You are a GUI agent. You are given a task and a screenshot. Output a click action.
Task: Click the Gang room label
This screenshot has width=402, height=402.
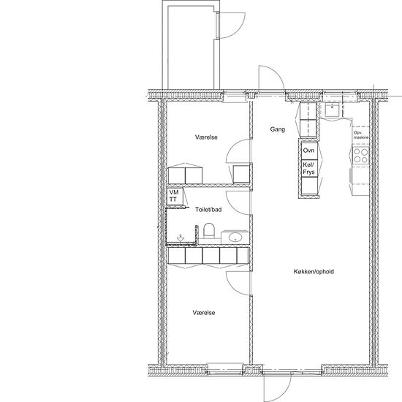278,129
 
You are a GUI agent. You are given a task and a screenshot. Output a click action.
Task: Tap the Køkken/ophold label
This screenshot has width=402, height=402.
314,271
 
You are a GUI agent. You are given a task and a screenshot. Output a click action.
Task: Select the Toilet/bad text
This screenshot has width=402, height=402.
208,210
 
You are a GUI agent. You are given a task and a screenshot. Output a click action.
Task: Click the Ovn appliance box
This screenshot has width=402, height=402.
309,151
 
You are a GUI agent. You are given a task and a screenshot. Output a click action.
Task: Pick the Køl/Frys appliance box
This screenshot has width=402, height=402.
309,168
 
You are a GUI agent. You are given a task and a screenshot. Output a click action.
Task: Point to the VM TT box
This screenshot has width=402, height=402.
175,196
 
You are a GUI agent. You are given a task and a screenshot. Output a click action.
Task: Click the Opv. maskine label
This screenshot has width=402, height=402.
361,135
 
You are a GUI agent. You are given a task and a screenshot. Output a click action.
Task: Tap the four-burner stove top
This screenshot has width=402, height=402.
361,156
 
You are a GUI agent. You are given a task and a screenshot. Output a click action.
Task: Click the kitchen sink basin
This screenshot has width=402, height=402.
333,110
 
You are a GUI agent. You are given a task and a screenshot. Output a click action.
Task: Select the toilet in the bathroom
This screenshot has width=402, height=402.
209,230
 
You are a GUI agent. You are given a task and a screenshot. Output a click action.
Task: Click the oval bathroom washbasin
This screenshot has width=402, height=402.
235,238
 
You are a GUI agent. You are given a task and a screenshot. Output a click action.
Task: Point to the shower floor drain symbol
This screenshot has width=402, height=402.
181,238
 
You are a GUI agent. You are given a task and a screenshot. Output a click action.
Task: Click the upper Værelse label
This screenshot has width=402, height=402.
206,137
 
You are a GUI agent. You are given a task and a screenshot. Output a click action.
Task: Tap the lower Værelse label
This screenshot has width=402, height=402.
204,313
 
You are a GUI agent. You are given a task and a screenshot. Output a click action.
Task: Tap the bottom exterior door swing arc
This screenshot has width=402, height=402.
284,393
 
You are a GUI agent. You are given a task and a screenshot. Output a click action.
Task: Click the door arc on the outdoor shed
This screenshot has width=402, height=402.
238,31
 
